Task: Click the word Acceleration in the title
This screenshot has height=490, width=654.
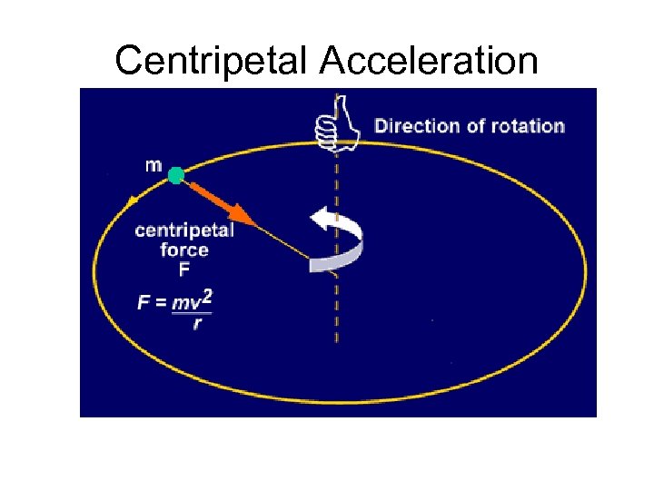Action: tap(428, 61)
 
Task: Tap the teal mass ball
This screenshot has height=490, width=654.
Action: tap(176, 175)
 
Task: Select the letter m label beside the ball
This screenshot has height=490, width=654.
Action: tap(154, 165)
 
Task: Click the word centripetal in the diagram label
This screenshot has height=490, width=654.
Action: tap(184, 230)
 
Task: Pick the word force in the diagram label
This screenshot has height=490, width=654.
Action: tap(184, 250)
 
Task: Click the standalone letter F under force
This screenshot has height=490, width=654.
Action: tap(184, 269)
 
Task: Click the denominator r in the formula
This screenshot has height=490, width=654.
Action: tap(196, 323)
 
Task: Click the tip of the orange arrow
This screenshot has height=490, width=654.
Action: tap(252, 220)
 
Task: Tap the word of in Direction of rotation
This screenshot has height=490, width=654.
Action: tap(476, 126)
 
